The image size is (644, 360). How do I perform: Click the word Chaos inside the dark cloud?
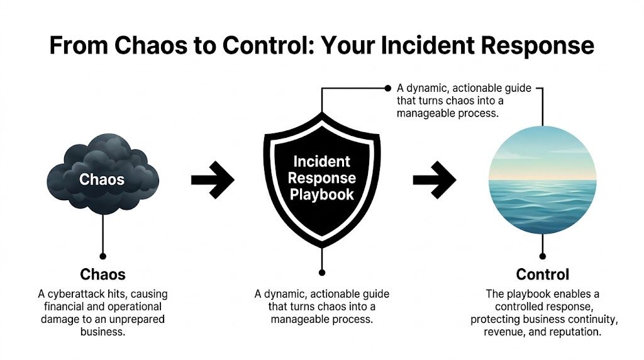[102, 179]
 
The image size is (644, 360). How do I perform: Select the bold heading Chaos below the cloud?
[103, 274]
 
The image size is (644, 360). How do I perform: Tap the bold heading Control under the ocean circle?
[542, 274]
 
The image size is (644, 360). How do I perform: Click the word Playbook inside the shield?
[322, 194]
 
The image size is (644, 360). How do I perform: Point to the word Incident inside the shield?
[322, 162]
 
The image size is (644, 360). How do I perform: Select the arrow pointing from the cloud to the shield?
[213, 179]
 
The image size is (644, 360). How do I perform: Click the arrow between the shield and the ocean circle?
[434, 179]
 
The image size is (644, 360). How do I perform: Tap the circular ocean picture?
[542, 180]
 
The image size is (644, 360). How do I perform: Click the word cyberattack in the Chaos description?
[91, 295]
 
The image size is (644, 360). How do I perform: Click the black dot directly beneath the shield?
[322, 273]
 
